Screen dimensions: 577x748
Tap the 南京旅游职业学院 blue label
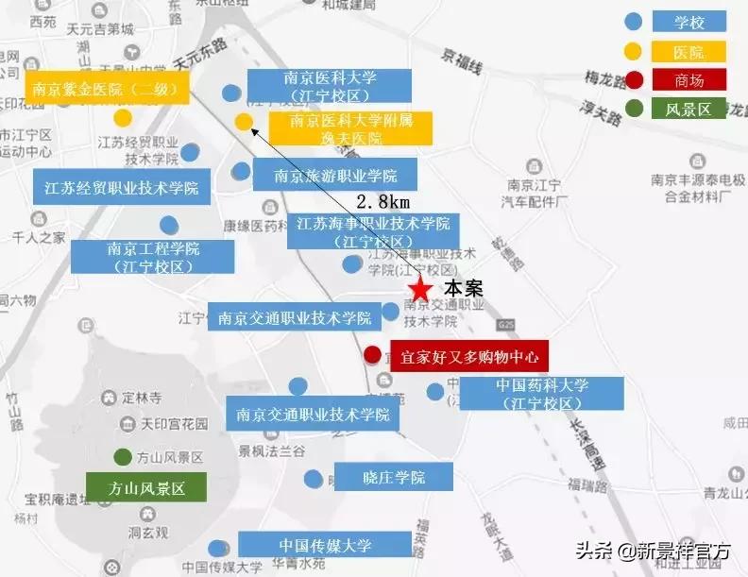[335, 175]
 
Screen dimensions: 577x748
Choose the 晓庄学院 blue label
[394, 478]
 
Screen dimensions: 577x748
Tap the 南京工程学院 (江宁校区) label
[154, 257]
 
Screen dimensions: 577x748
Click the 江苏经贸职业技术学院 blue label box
[121, 187]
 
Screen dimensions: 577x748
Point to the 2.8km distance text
[382, 201]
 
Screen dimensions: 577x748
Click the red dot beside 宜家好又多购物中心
[372, 355]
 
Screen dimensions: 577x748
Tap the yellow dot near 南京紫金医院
[123, 118]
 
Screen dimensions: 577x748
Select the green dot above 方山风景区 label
[122, 457]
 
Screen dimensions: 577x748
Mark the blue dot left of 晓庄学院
[313, 479]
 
